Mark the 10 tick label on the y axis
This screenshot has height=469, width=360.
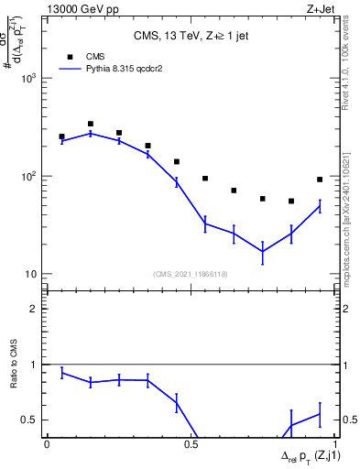coord(30,274)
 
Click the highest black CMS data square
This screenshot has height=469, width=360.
coord(90,124)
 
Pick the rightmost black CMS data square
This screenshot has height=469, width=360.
coord(320,180)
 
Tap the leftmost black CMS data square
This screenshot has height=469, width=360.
coord(61,136)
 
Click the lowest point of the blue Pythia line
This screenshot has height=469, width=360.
coord(262,251)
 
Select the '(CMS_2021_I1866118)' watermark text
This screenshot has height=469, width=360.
coord(190,274)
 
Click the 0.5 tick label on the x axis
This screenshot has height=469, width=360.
coord(191,443)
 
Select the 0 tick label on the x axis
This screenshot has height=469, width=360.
coord(47,443)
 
